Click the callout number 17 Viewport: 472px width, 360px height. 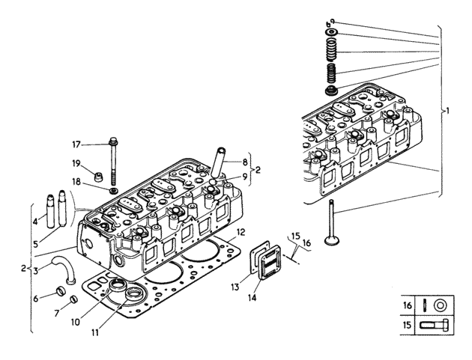[76, 144]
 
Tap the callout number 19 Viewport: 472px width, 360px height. [76, 164]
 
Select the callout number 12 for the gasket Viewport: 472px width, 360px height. [240, 232]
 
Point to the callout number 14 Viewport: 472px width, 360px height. [252, 297]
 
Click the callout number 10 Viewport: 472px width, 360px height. [76, 322]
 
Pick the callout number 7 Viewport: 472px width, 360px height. [57, 314]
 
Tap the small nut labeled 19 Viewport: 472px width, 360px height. [98, 177]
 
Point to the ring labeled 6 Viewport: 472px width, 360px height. [61, 290]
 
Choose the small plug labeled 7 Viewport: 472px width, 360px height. [74, 299]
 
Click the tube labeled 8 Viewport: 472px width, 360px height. [219, 162]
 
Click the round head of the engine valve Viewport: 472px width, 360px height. [331, 240]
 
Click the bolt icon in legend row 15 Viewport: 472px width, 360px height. [434, 325]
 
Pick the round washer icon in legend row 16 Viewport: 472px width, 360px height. [440, 306]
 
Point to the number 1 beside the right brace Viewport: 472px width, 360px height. [447, 111]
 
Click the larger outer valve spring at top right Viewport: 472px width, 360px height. [331, 49]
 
